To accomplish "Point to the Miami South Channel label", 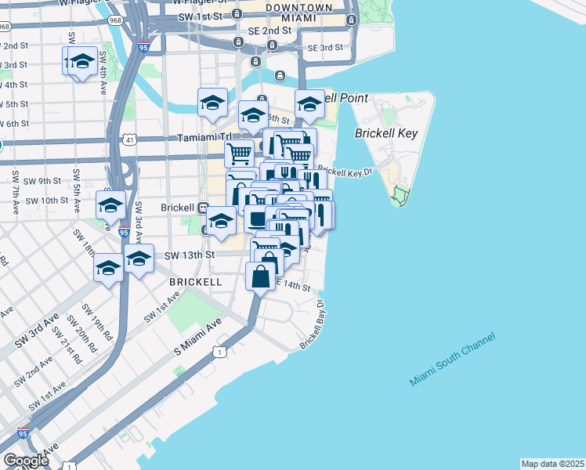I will click(x=451, y=360).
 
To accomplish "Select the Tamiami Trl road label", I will click(x=201, y=137).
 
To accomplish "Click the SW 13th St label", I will click(x=190, y=255).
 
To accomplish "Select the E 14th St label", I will click(x=295, y=288).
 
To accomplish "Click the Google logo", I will click(x=26, y=461).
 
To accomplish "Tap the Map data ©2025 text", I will click(x=553, y=464).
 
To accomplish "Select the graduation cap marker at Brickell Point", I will click(x=309, y=104).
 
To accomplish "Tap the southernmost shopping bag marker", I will click(x=261, y=276).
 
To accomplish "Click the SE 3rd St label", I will click(x=325, y=48).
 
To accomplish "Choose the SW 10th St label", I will click(x=47, y=201).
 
